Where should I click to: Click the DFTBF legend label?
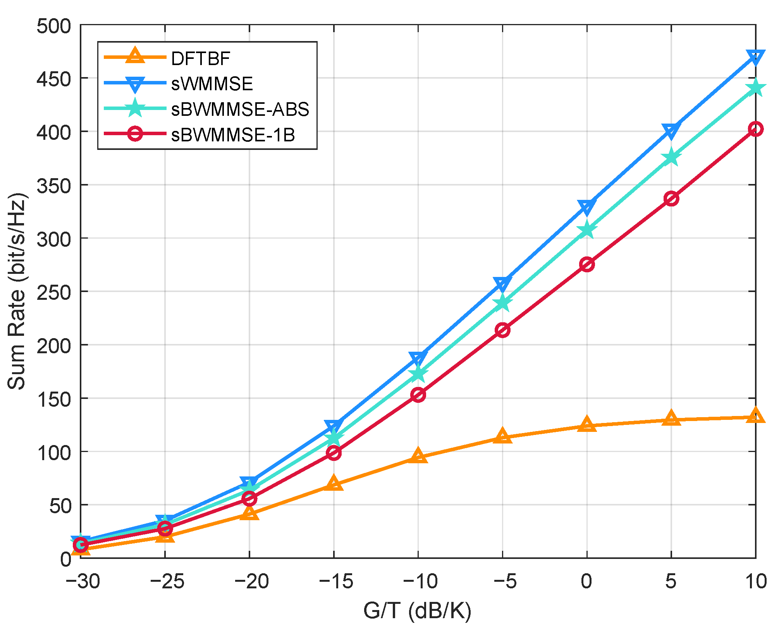[x=200, y=58]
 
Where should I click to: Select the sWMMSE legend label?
[x=212, y=84]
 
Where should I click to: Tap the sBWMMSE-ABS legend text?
[x=240, y=110]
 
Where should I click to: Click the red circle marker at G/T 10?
[x=755, y=129]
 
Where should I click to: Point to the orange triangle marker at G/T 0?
[x=587, y=425]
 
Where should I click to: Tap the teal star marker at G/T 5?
[x=671, y=158]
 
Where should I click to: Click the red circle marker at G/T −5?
[x=502, y=330]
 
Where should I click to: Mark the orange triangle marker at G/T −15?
[x=334, y=483]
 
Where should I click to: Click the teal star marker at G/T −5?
[x=502, y=303]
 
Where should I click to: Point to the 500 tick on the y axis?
[x=54, y=26]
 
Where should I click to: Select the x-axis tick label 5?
[x=671, y=581]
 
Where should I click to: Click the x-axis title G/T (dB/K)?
[x=418, y=611]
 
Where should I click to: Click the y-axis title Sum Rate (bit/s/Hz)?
[x=17, y=291]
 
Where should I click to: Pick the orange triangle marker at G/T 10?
[x=755, y=416]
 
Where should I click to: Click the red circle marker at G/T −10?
[x=418, y=395]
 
